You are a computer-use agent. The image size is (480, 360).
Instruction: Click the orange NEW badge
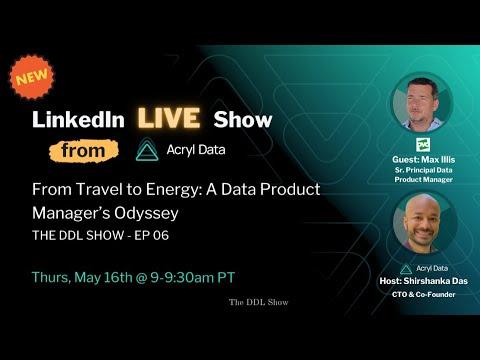point(32,77)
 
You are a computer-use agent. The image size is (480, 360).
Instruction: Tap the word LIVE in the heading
point(169,118)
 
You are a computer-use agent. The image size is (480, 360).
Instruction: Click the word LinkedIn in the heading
point(78,119)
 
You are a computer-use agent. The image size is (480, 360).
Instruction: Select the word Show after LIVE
point(243,119)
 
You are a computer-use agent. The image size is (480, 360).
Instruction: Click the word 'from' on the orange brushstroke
point(83,151)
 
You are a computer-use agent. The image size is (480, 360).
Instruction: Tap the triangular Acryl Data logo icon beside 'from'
point(147,150)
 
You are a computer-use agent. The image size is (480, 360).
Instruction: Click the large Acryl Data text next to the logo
point(196,150)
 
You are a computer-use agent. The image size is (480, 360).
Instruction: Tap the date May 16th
point(104,277)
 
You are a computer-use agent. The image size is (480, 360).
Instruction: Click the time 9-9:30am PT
point(193,277)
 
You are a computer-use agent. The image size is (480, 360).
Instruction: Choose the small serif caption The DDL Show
point(259,302)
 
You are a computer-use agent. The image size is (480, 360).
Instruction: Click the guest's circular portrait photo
point(422,103)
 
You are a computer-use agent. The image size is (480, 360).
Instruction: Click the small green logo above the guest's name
point(423,145)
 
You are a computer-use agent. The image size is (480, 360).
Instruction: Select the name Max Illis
point(438,160)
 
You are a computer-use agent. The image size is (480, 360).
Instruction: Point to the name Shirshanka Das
point(436,281)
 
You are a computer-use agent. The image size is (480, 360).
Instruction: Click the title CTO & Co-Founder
point(424,294)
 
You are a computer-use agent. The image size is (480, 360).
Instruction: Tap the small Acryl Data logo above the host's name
point(406,269)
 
